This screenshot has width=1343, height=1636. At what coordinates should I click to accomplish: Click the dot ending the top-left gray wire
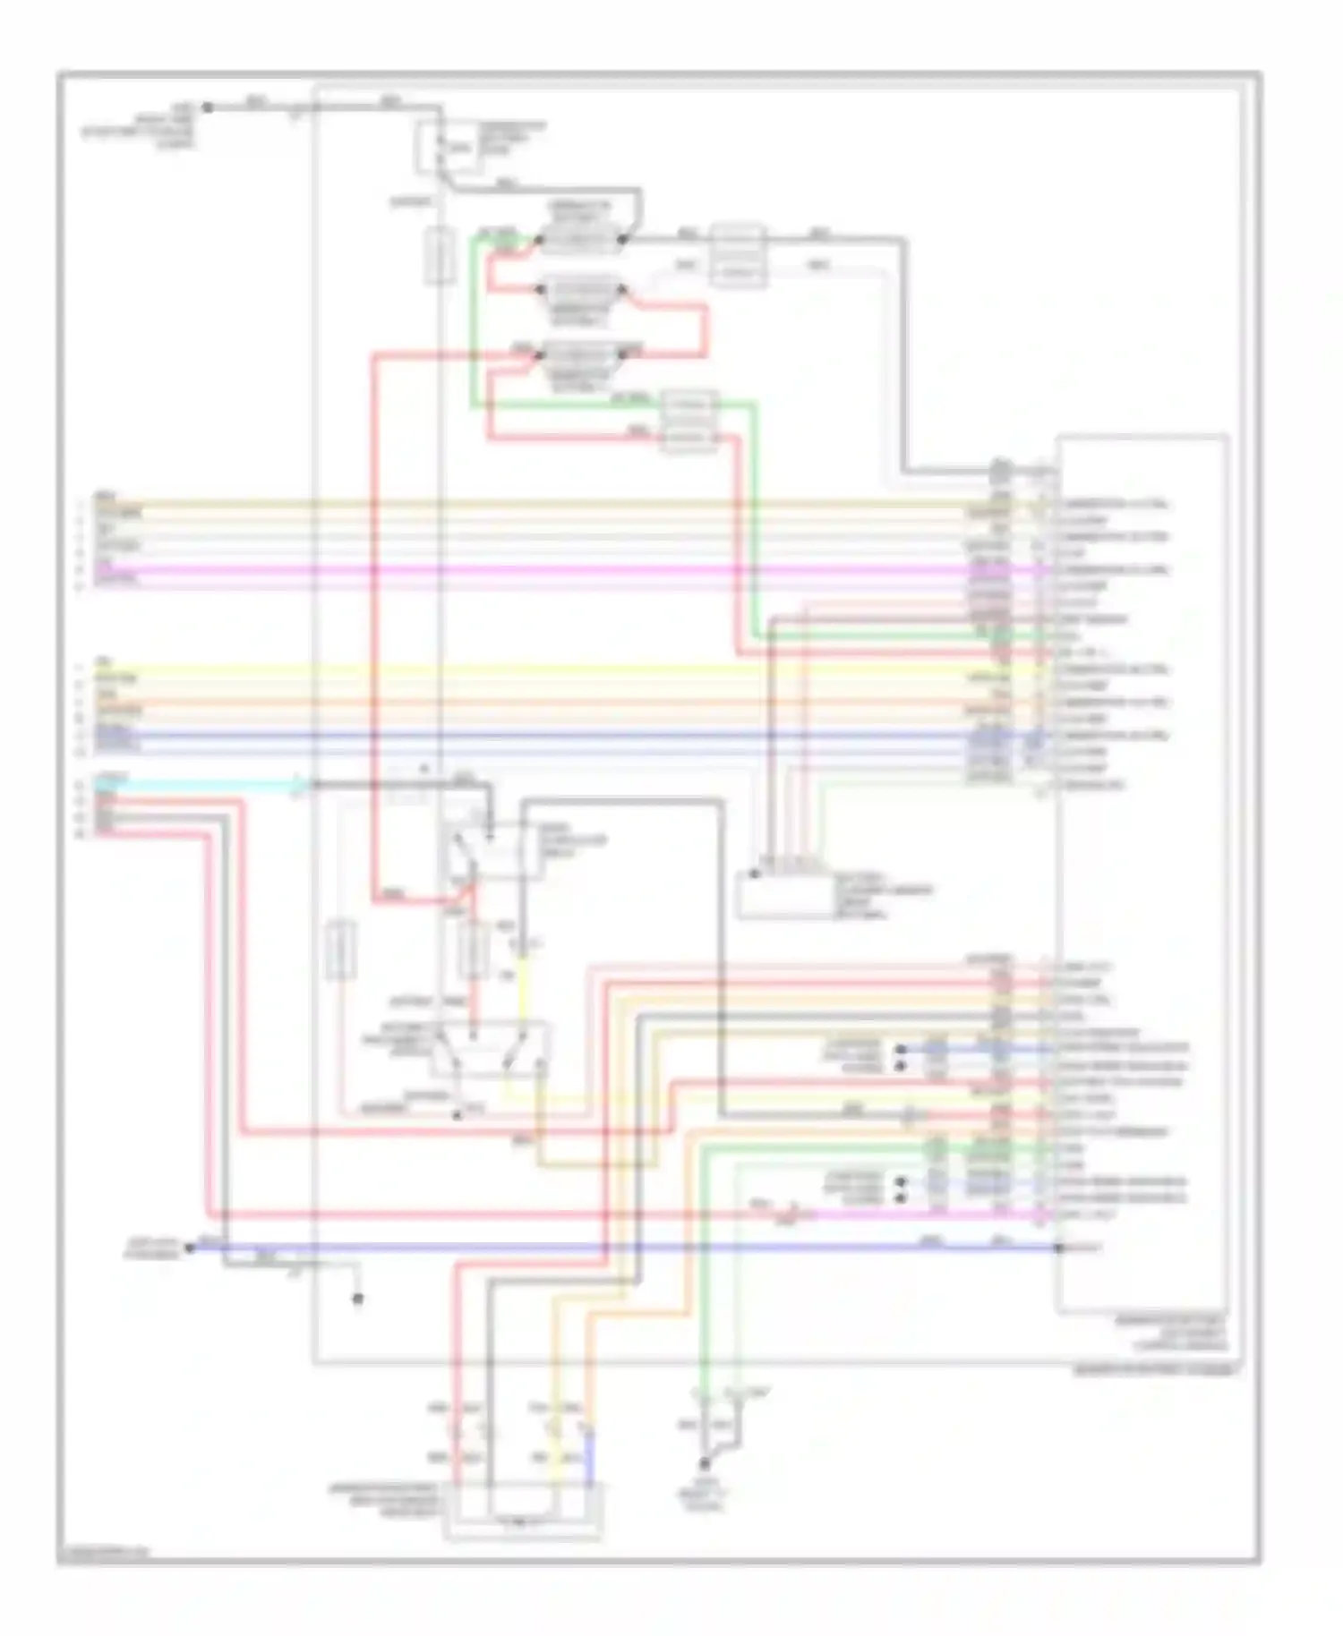tap(207, 107)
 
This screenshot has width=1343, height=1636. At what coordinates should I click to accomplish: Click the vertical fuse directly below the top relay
tap(438, 256)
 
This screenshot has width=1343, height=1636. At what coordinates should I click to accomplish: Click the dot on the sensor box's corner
tap(754, 873)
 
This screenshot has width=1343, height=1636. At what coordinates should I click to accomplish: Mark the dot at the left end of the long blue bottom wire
tap(190, 1247)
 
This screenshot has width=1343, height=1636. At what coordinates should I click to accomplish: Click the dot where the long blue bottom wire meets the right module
tap(1058, 1247)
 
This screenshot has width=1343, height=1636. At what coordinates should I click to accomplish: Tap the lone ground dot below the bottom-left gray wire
tap(357, 1299)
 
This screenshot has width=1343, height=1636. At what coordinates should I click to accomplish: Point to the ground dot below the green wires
tap(704, 1465)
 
